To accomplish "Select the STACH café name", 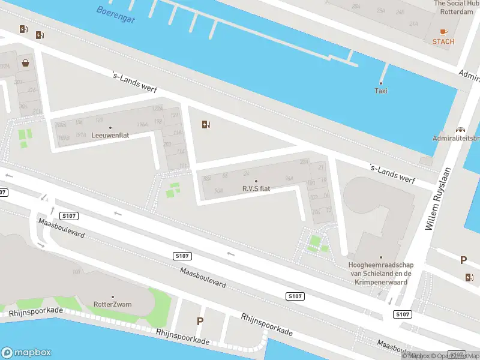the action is [x=443, y=41].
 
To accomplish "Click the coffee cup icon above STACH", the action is [x=443, y=31].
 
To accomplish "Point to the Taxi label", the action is [x=381, y=91].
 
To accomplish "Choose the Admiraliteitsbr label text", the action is [x=456, y=138].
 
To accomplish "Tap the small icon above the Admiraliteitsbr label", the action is [x=461, y=129].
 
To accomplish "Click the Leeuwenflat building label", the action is [x=110, y=136].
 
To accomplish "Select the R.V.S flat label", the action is [x=256, y=188].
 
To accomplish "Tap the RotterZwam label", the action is [x=112, y=304].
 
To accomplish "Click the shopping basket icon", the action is [x=26, y=62].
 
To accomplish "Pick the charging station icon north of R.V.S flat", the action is [x=206, y=125].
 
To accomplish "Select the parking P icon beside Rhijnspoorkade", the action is [x=200, y=322].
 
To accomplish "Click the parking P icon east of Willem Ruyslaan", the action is [x=463, y=260].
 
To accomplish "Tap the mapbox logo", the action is [x=26, y=353].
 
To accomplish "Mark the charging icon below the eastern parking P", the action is [x=469, y=277].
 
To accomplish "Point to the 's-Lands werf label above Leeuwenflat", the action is [x=135, y=83].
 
